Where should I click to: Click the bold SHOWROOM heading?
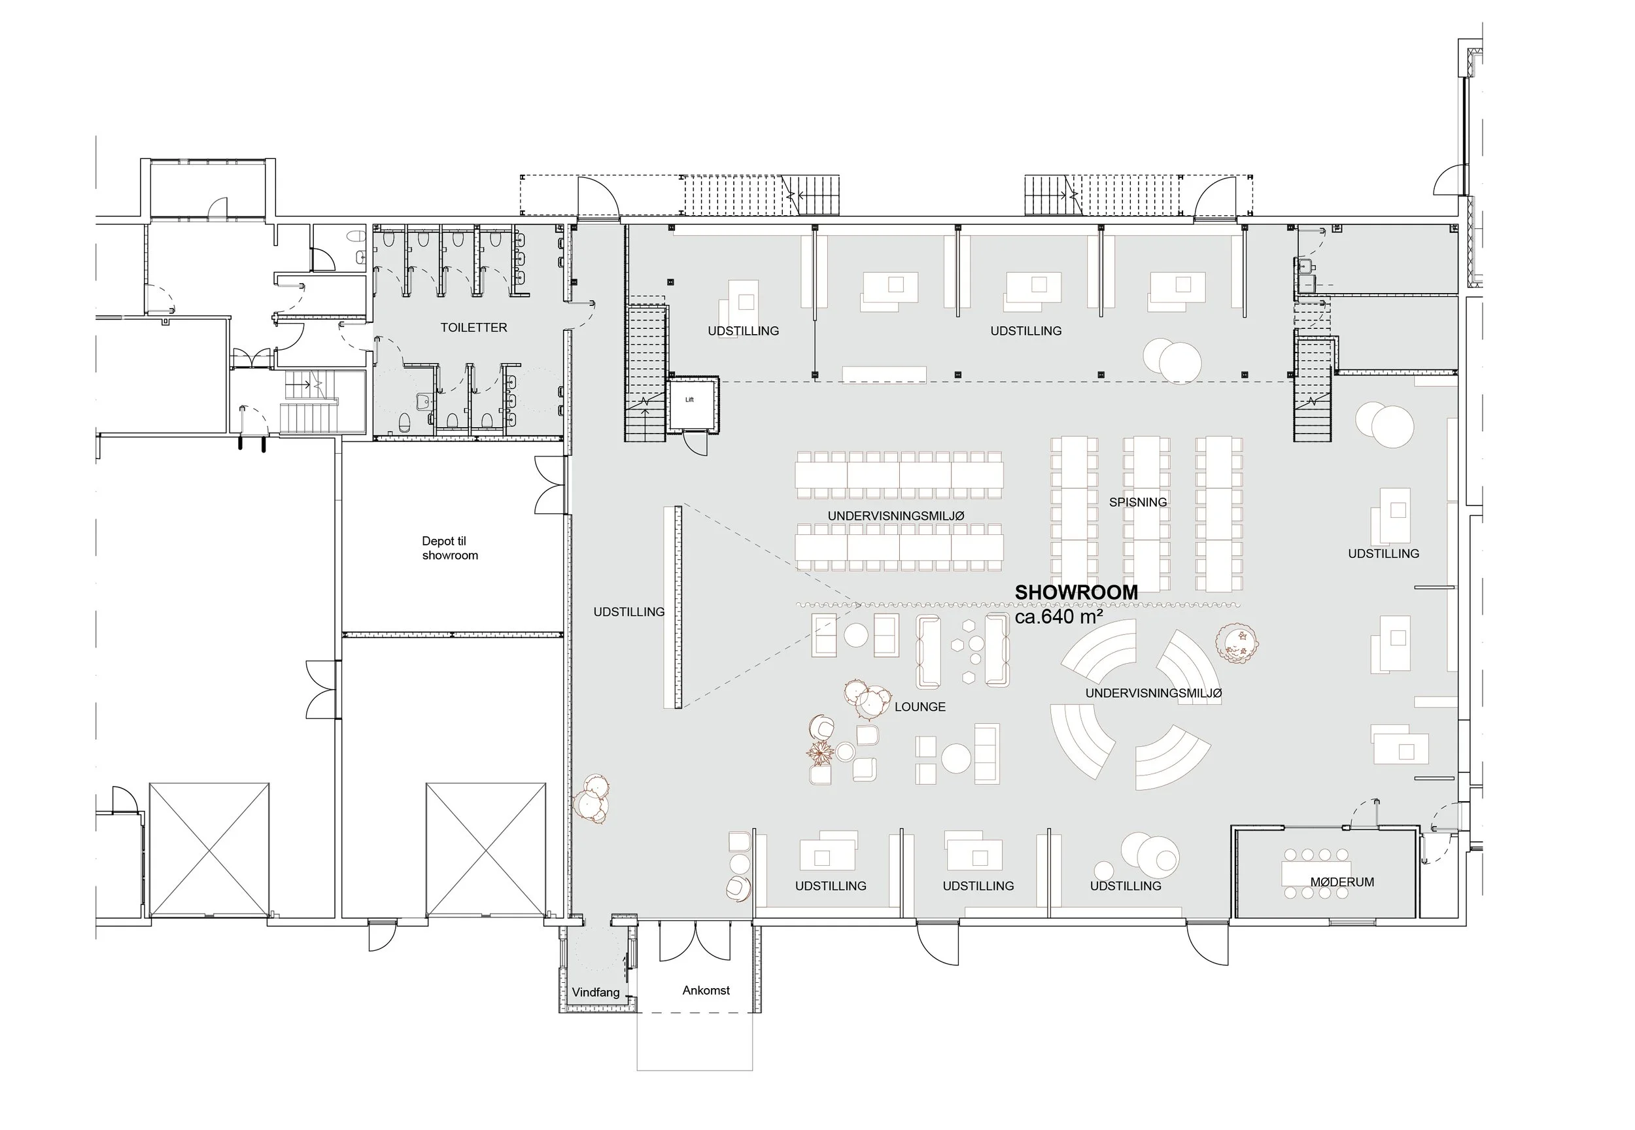coord(1076,592)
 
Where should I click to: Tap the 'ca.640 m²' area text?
coord(1059,617)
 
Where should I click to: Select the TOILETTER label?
coord(473,328)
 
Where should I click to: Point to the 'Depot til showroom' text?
coord(450,548)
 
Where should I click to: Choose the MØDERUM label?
coord(1342,882)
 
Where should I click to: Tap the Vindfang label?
coord(596,993)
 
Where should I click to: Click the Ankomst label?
coord(706,991)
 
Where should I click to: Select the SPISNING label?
coord(1138,502)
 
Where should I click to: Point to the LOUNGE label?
coord(920,707)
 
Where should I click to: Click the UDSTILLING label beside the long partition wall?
coord(628,611)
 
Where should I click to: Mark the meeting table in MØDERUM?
coord(1317,874)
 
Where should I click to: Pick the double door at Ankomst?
coord(695,941)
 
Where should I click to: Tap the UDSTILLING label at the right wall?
coord(1384,554)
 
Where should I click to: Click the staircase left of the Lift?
coord(645,373)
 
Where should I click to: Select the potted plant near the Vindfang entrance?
coord(591,799)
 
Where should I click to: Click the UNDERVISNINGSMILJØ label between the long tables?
coord(896,516)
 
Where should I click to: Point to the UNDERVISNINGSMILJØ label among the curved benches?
coord(1154,693)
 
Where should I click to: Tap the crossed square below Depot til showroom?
coord(486,849)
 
